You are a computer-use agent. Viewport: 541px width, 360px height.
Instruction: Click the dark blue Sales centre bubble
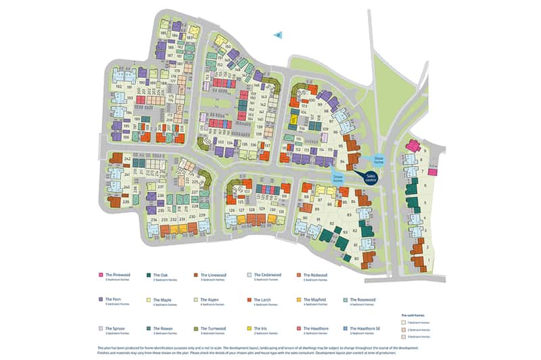click(x=370, y=179)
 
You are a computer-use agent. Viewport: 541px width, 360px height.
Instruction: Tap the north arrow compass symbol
click(x=278, y=35)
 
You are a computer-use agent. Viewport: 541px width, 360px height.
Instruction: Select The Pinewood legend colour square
click(x=101, y=275)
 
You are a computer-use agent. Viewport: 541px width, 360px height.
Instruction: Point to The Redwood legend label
click(x=315, y=275)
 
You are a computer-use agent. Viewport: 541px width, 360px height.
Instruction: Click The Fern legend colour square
click(x=101, y=299)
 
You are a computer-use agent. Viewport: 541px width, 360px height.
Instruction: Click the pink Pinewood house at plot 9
click(x=413, y=145)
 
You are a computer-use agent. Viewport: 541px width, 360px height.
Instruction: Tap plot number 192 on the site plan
click(x=118, y=87)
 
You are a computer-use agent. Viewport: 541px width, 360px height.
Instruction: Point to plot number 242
click(x=127, y=158)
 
